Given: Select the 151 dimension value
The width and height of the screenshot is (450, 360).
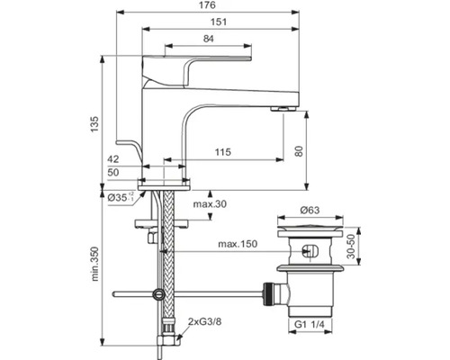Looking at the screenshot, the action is (219, 22).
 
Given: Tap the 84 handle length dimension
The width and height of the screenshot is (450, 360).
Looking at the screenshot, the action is (208, 39).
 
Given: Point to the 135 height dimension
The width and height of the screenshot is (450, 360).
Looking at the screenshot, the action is (94, 124).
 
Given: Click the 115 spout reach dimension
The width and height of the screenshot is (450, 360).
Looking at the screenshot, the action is (223, 152).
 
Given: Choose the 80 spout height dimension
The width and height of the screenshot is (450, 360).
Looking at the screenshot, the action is (299, 151).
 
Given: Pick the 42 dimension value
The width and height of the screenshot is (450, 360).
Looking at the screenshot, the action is (113, 159).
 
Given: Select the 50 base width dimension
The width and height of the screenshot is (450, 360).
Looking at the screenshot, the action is (113, 173).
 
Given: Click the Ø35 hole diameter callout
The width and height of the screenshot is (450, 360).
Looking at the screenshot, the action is (121, 197).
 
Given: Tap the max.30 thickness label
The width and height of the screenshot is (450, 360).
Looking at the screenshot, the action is (210, 204).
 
